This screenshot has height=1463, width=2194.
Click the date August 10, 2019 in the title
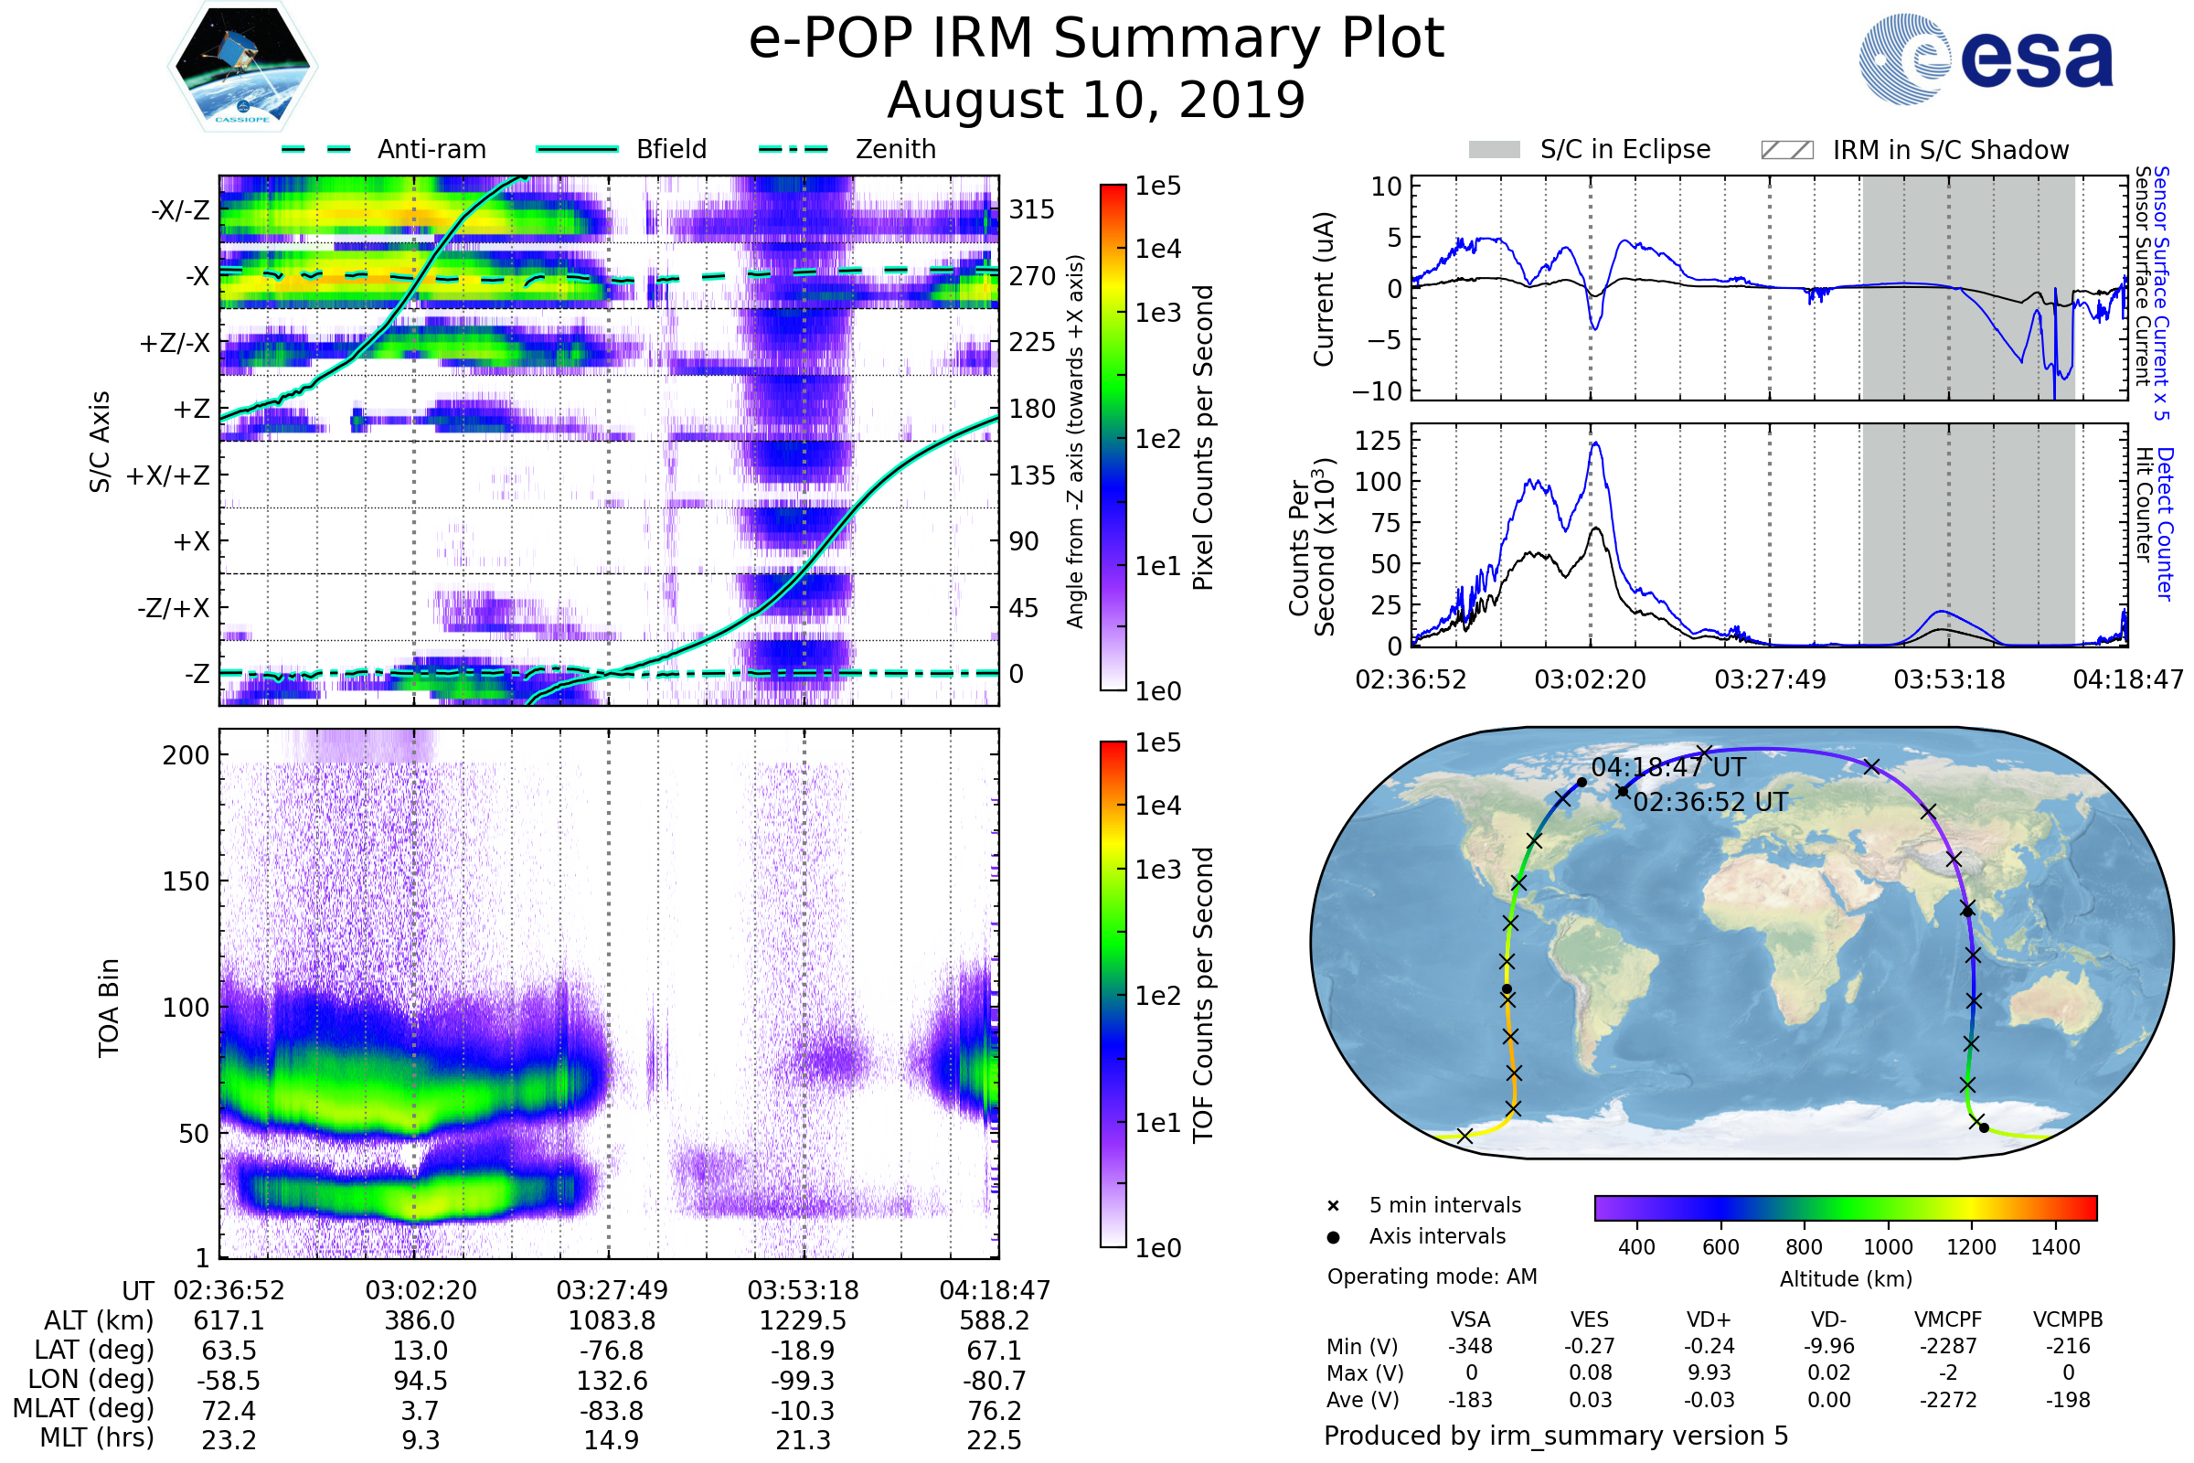click(x=1096, y=100)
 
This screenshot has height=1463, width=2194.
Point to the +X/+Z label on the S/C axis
click(x=168, y=475)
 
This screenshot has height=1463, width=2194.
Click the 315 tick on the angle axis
click(x=1031, y=209)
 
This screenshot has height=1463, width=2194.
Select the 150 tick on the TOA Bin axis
click(x=186, y=881)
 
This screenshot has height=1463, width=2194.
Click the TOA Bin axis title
click(x=109, y=1007)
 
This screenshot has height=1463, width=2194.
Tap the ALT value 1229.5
click(x=803, y=1320)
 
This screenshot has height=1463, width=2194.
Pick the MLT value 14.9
click(x=611, y=1439)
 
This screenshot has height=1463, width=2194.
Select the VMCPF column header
click(x=1948, y=1319)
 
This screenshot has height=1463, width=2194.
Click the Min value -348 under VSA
click(x=1470, y=1346)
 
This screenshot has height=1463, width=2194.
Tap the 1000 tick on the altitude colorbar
click(x=1887, y=1247)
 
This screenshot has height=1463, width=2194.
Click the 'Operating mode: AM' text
click(x=1432, y=1276)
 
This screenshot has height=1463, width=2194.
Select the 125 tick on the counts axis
click(x=1377, y=441)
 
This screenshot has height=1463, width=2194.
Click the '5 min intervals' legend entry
click(x=1444, y=1205)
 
